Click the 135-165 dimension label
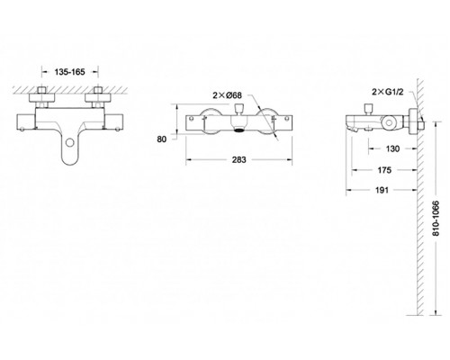[x=70, y=72]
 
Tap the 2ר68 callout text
[x=228, y=95]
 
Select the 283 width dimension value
[x=238, y=159]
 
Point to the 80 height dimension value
[x=162, y=139]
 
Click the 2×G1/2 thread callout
[x=388, y=92]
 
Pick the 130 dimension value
[x=392, y=148]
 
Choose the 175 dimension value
[x=384, y=170]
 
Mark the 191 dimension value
[x=382, y=190]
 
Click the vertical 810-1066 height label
[x=436, y=218]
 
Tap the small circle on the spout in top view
[x=70, y=142]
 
